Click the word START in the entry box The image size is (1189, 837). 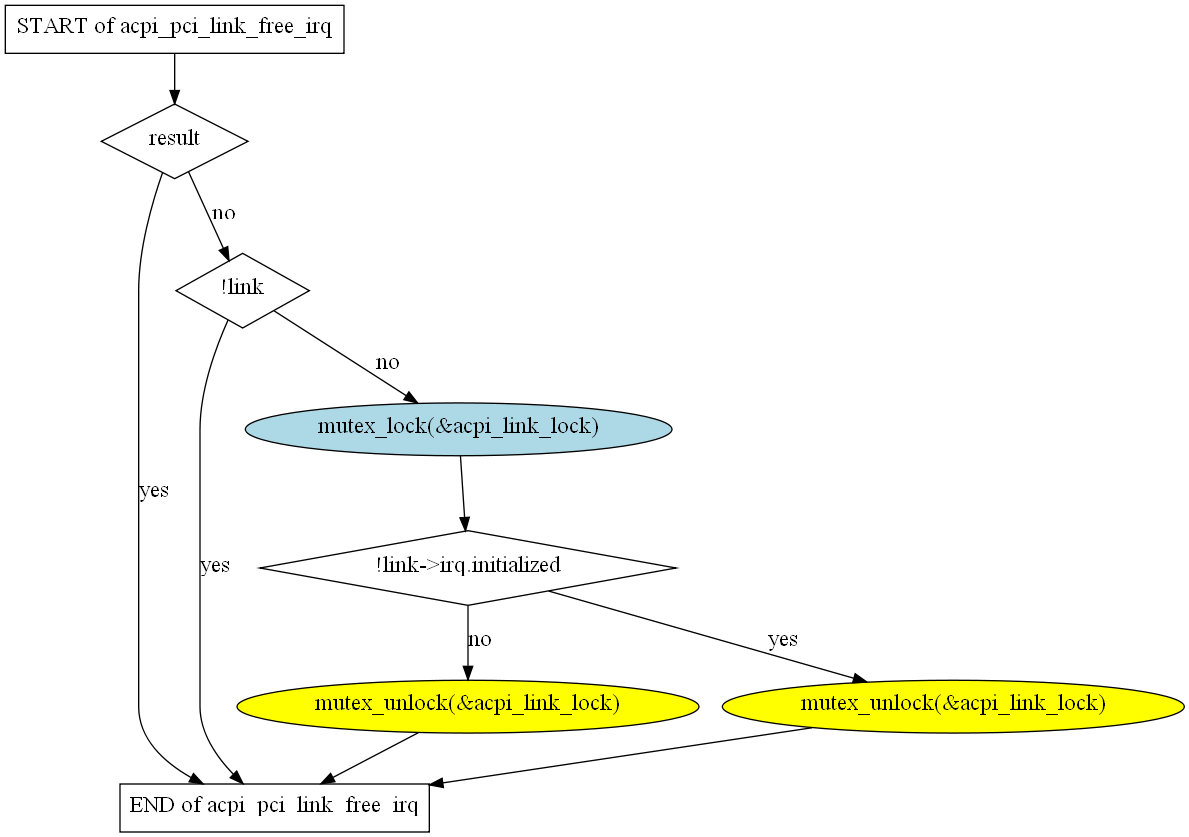coord(49,27)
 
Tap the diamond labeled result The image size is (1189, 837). coord(174,140)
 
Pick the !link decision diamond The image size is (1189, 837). coord(242,289)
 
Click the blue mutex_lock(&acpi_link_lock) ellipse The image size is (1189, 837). coord(458,428)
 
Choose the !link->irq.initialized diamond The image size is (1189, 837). coord(468,567)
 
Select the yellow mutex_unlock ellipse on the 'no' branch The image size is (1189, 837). coord(467,705)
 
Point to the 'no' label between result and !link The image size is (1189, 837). coord(223,214)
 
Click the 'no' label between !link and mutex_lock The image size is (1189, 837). coord(387,363)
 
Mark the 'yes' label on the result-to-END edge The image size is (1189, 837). coord(153,491)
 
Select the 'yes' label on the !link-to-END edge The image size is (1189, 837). coord(215,566)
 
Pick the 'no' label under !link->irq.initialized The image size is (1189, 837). coord(480,640)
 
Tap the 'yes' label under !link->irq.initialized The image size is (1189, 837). coord(782,640)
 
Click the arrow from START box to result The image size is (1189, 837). coord(175,78)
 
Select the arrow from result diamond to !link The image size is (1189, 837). coord(208,216)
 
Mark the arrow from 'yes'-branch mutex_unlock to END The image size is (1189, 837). coord(620,757)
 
